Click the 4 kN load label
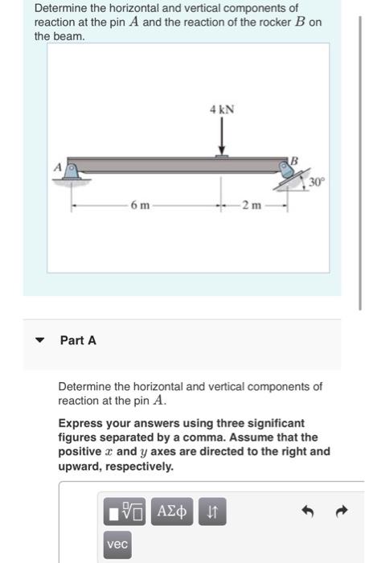point(222,109)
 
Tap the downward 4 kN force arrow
point(222,136)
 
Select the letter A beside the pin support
point(58,167)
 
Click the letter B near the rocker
point(294,161)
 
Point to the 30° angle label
point(317,183)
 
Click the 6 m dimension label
point(140,205)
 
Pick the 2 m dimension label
point(252,205)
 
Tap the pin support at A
point(72,173)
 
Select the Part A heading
point(78,340)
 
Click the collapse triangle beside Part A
point(39,340)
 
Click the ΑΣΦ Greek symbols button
point(172,512)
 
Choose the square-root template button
point(125,512)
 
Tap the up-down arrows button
point(212,512)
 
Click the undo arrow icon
point(308,511)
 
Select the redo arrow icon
point(342,511)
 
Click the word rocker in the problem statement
point(275,23)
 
